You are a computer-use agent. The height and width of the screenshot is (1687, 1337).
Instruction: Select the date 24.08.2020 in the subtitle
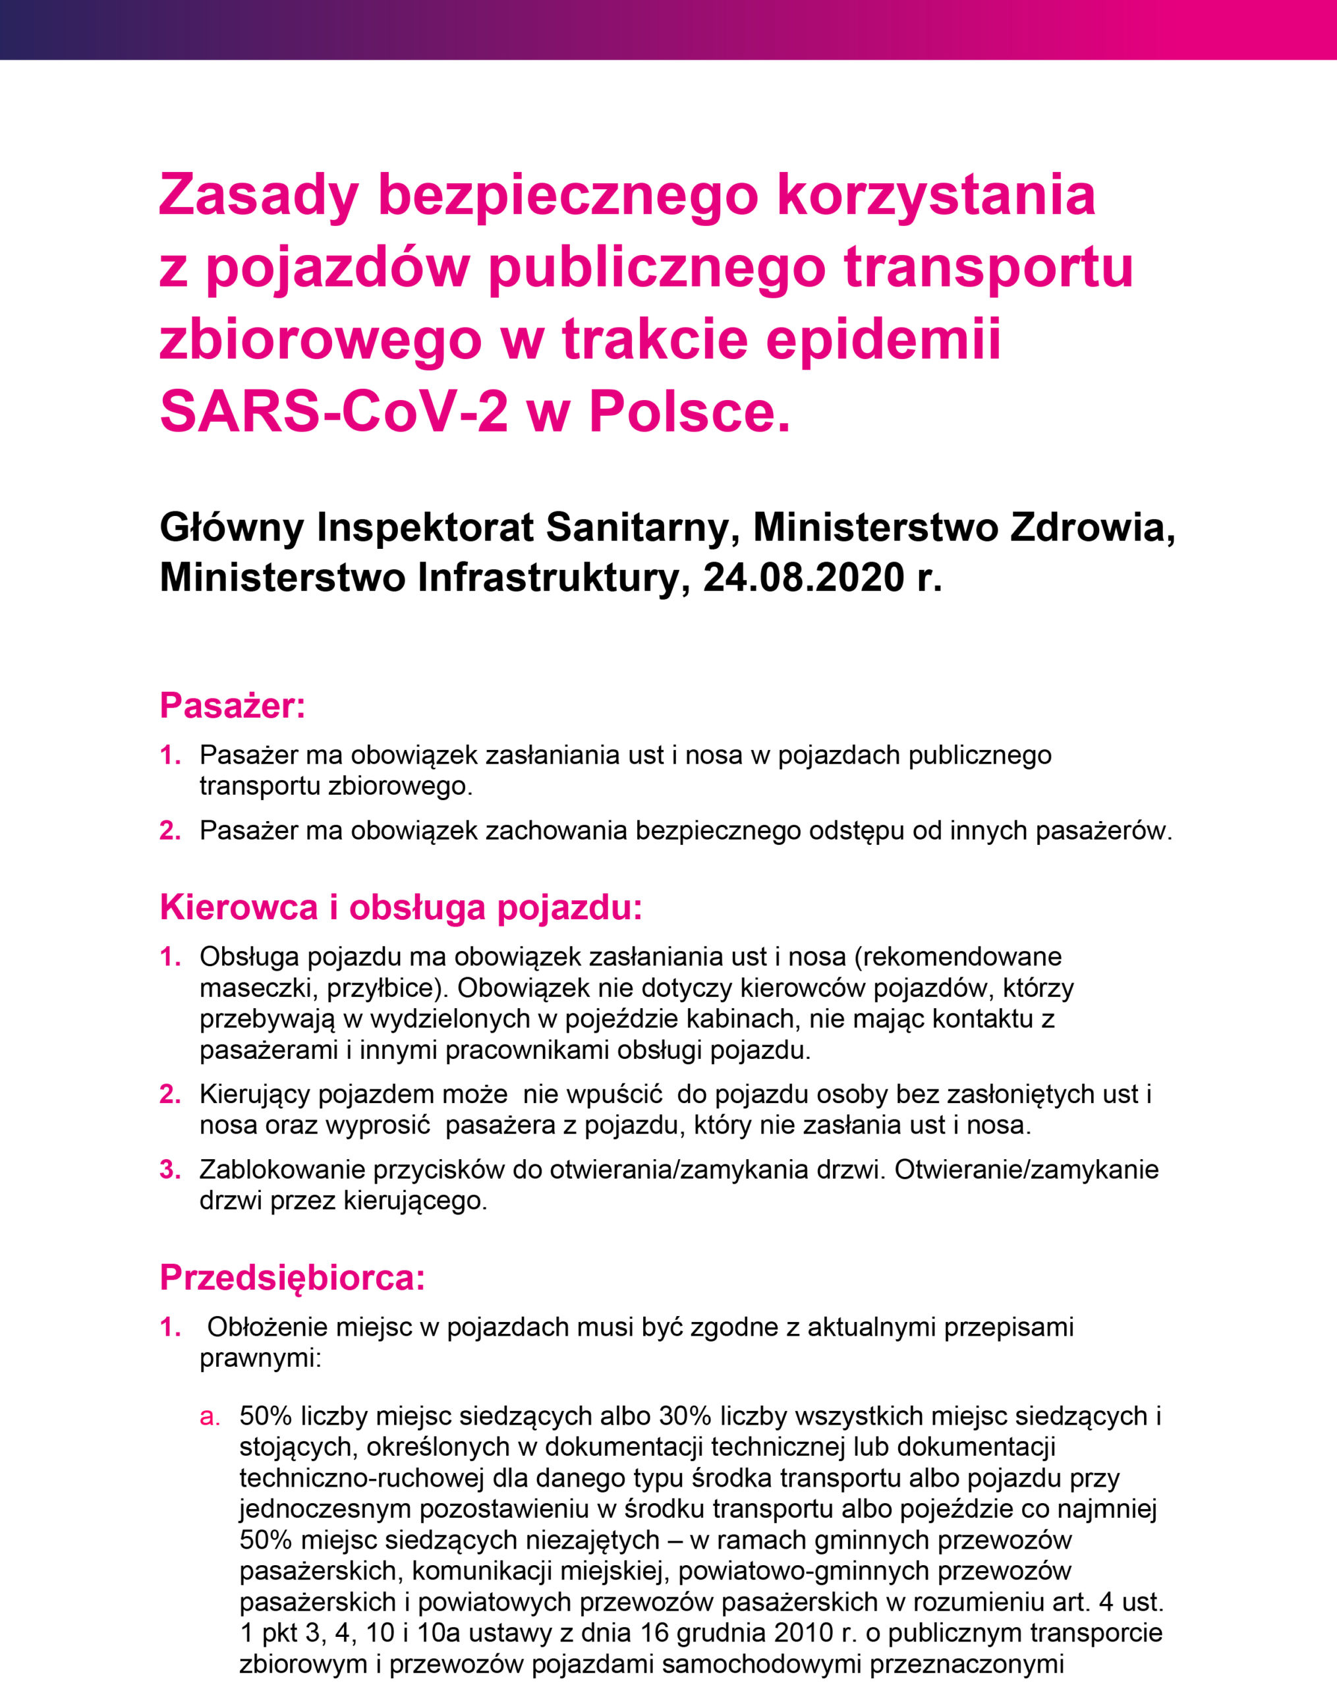coord(803,577)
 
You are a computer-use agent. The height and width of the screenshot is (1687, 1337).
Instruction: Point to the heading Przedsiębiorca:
coord(293,1278)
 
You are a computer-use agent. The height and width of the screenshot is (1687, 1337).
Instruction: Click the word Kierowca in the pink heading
coord(239,907)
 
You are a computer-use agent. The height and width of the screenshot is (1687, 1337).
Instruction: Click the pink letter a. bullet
coord(210,1416)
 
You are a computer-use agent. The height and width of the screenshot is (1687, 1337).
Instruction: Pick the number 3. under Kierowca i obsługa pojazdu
coord(170,1170)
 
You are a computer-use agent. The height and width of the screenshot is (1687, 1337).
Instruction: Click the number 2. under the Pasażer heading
coord(170,830)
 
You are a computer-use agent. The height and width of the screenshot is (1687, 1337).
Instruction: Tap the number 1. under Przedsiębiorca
coord(170,1327)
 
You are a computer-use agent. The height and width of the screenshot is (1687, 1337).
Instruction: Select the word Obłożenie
coord(266,1327)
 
